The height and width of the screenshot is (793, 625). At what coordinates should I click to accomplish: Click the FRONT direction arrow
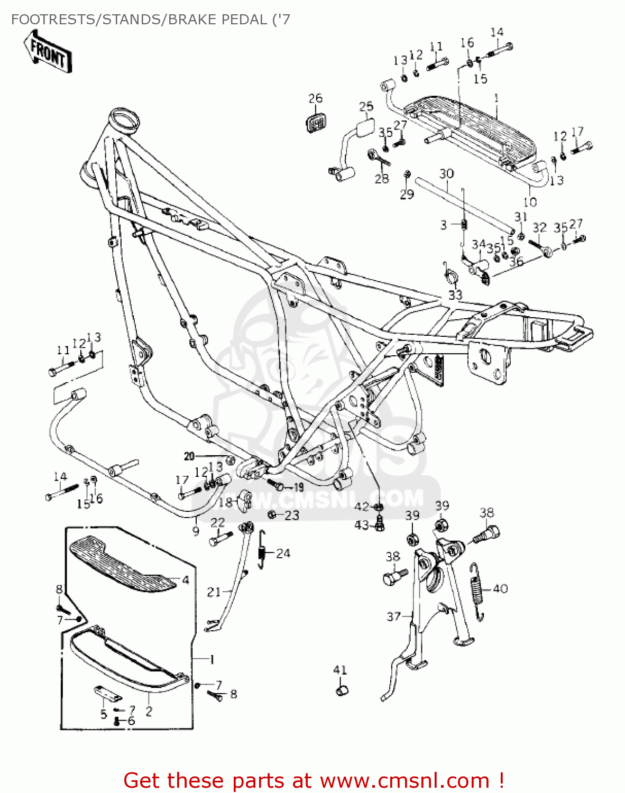[x=48, y=51]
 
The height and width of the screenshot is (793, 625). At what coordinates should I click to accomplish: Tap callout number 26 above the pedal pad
[x=315, y=98]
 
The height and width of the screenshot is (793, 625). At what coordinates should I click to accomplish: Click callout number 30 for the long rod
[x=446, y=173]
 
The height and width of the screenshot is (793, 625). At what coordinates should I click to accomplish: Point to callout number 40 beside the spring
[x=500, y=588]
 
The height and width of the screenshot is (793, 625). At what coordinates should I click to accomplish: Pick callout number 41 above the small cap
[x=340, y=670]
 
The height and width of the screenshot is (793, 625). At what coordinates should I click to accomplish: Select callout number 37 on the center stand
[x=394, y=616]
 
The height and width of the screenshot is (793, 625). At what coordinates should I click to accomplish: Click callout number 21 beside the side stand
[x=214, y=592]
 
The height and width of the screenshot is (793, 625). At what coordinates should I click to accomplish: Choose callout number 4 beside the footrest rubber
[x=186, y=580]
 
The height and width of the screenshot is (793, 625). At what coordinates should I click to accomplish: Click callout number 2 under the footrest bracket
[x=149, y=711]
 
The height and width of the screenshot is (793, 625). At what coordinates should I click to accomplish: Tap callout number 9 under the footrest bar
[x=196, y=531]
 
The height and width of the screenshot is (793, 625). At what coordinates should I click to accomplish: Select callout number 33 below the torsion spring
[x=455, y=294]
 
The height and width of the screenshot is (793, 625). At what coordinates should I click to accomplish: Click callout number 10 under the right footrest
[x=530, y=202]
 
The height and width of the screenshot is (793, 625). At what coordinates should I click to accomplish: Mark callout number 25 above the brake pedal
[x=366, y=107]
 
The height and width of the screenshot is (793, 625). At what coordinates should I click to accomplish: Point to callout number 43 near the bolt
[x=362, y=525]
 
